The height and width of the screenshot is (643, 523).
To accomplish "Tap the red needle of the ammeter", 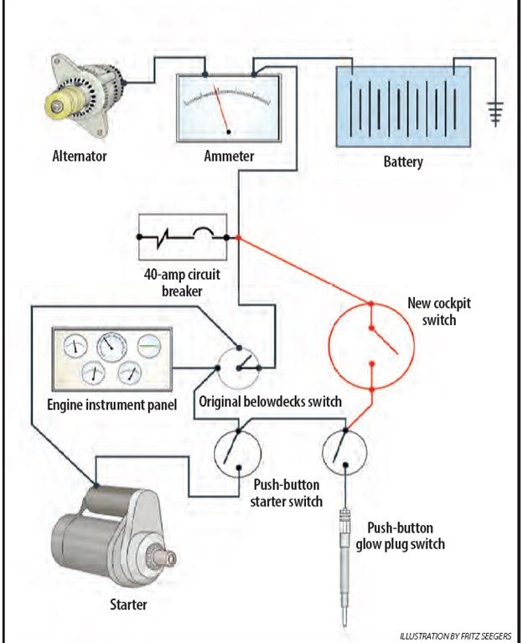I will (x=222, y=111).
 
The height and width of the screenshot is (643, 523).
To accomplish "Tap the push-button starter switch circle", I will (x=237, y=452).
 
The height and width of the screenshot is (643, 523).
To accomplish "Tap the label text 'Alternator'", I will (x=80, y=156).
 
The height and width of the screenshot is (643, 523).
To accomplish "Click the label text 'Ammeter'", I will (x=229, y=156).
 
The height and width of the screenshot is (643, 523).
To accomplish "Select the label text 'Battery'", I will (x=403, y=162).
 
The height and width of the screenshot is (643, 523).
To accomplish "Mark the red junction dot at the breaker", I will (x=239, y=238).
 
